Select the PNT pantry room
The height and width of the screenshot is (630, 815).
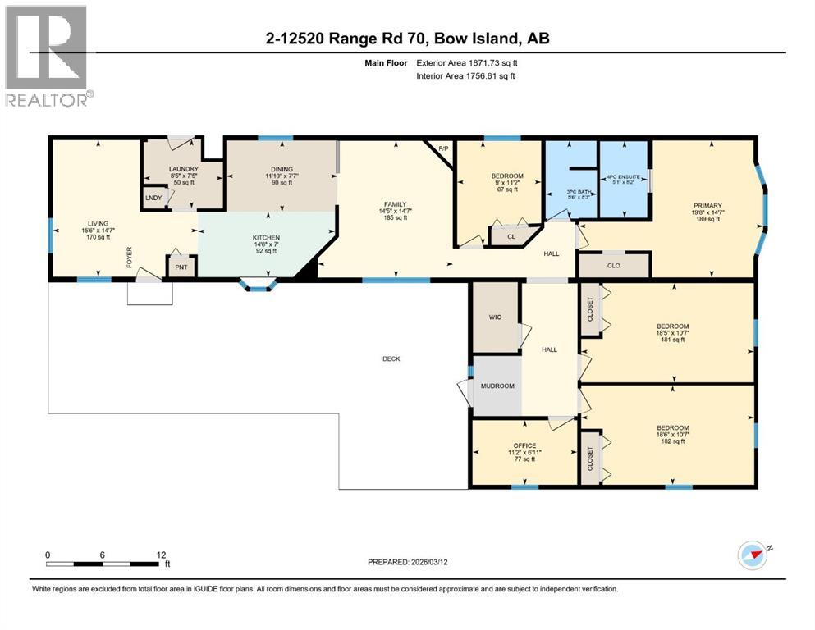point(180,267)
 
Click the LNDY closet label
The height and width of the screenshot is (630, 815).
point(153,198)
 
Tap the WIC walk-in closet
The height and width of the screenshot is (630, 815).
point(495,316)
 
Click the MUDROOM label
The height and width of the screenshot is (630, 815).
point(497,386)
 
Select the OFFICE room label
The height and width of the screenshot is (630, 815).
point(524,446)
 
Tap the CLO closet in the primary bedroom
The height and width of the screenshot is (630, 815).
point(613,266)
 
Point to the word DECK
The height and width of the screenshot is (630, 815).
point(391,358)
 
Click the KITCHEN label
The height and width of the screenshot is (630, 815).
point(265,238)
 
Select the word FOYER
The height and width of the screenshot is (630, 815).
point(129,259)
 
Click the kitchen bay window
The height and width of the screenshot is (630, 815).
point(258,285)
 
